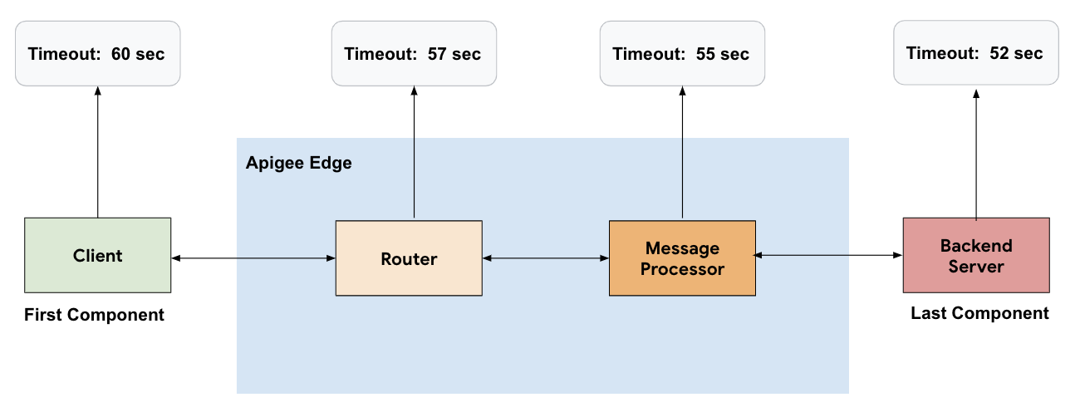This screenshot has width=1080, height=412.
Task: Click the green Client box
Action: [x=97, y=255]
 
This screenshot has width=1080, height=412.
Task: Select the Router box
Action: [x=409, y=258]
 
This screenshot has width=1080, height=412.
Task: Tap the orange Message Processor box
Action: [x=682, y=258]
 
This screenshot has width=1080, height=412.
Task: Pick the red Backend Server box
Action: [x=976, y=256]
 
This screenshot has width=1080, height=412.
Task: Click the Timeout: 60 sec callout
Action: [x=97, y=54]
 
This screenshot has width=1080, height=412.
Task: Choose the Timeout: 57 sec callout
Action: [x=414, y=54]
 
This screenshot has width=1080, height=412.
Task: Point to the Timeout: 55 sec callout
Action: [x=682, y=54]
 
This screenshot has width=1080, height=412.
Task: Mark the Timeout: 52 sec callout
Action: [x=976, y=53]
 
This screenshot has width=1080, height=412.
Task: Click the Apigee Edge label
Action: [x=298, y=163]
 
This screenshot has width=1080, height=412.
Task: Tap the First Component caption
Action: [x=94, y=316]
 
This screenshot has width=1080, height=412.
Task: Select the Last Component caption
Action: [x=979, y=314]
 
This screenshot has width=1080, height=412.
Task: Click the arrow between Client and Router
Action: [x=253, y=259]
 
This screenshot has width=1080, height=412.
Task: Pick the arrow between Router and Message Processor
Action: [x=546, y=259]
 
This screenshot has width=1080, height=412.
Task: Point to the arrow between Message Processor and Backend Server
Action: [x=829, y=255]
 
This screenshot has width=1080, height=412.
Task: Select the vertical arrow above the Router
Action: [x=414, y=153]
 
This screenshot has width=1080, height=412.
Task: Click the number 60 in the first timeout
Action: [x=121, y=54]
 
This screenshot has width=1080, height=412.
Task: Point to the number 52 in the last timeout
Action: [x=999, y=53]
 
